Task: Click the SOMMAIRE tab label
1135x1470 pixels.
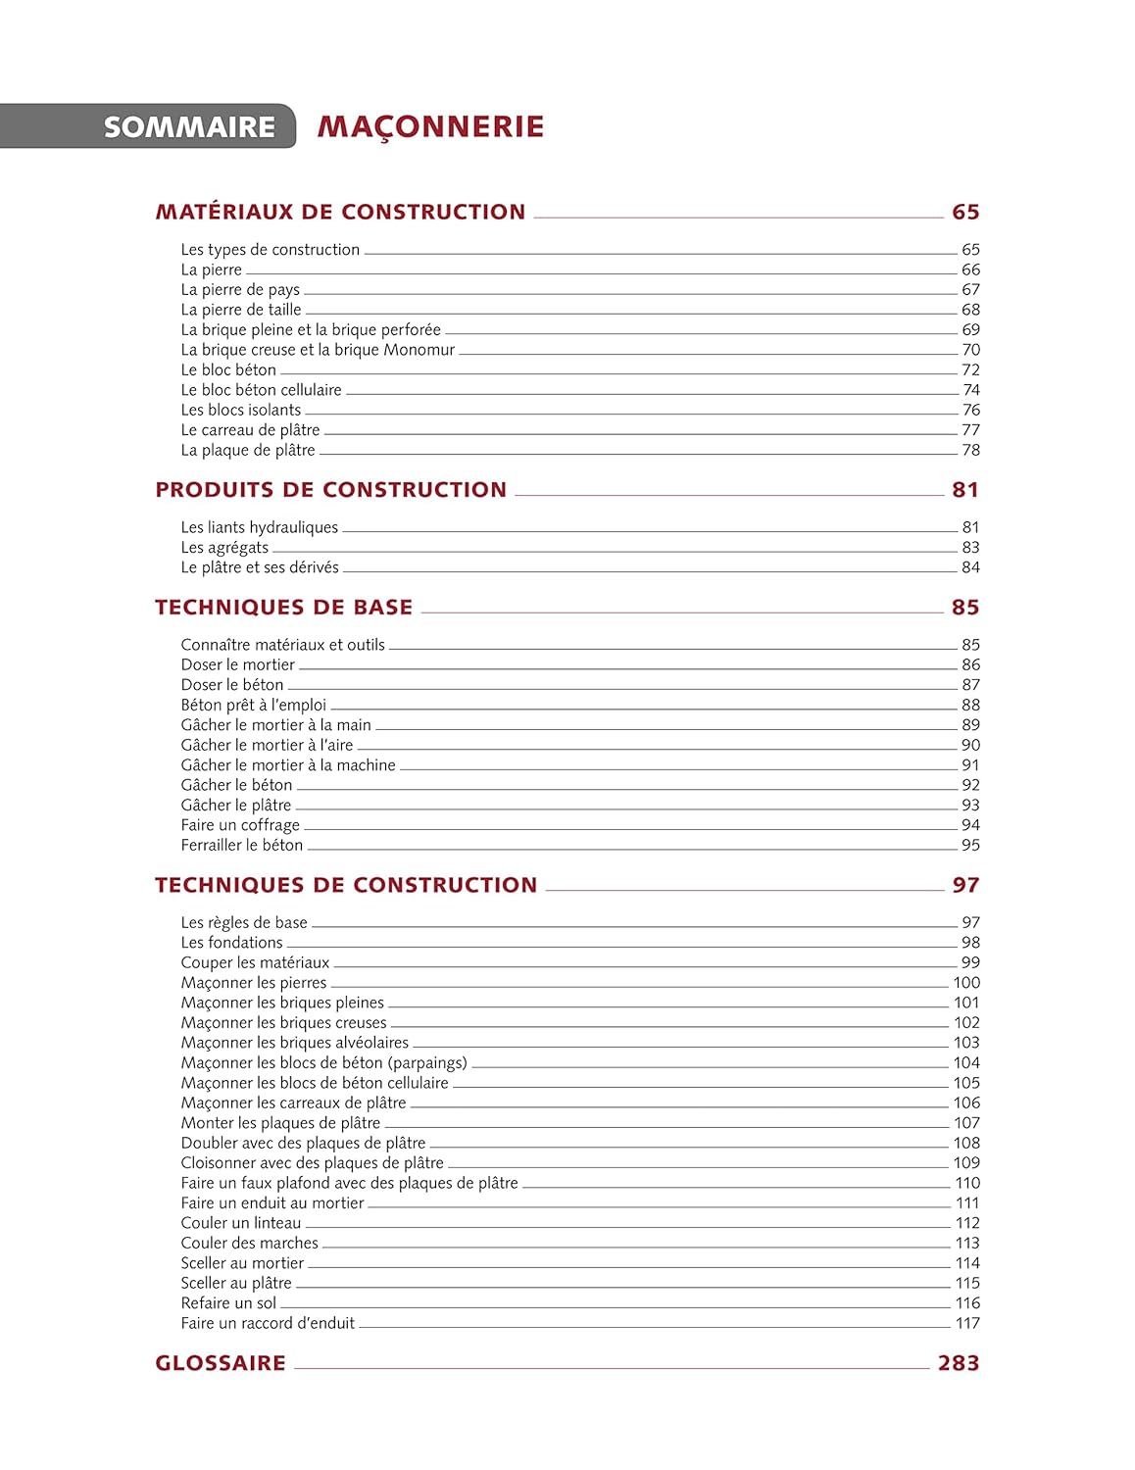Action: pyautogui.click(x=189, y=127)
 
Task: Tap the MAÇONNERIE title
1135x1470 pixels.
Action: pyautogui.click(x=430, y=127)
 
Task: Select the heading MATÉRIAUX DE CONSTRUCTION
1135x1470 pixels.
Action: pyautogui.click(x=340, y=212)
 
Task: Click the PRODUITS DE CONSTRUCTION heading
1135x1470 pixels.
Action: pyautogui.click(x=330, y=490)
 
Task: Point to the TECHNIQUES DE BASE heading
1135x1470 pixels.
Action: pyautogui.click(x=283, y=608)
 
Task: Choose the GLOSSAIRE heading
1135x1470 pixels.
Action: pyautogui.click(x=221, y=1363)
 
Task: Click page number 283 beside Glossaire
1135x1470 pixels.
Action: pyautogui.click(x=958, y=1363)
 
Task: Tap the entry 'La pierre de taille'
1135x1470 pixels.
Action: pyautogui.click(x=241, y=310)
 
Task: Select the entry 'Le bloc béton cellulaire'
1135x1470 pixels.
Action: pyautogui.click(x=261, y=390)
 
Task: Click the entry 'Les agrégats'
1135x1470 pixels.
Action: pyautogui.click(x=224, y=548)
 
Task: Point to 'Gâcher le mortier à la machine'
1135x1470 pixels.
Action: pyautogui.click(x=288, y=765)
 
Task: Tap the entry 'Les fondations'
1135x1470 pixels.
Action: pyautogui.click(x=231, y=943)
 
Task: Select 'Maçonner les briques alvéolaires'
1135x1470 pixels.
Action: pyautogui.click(x=294, y=1043)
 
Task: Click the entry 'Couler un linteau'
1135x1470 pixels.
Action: pyautogui.click(x=241, y=1223)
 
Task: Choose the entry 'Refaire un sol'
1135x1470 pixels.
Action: pyautogui.click(x=228, y=1303)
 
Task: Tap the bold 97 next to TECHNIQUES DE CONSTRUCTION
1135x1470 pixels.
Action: pyautogui.click(x=965, y=886)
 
